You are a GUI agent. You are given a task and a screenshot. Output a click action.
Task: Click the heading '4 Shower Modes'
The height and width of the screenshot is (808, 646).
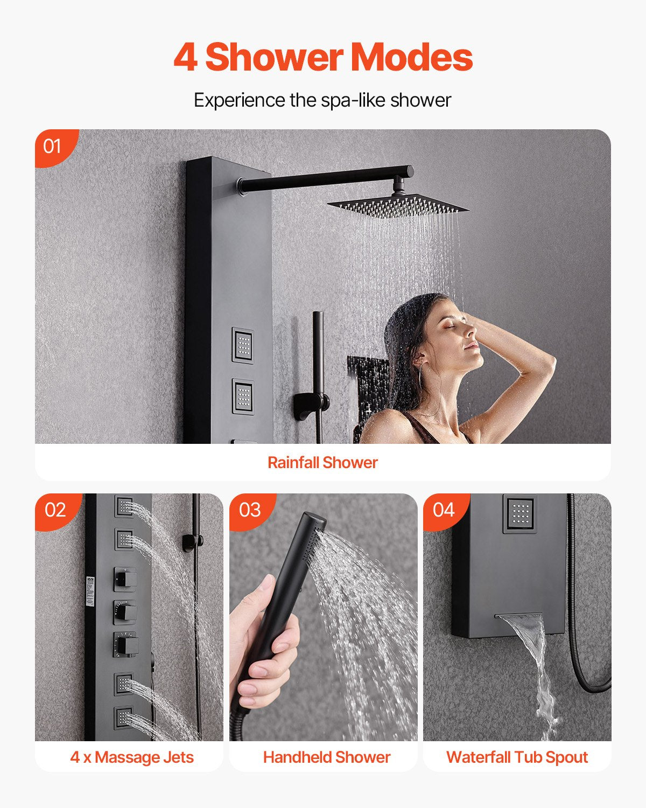[x=323, y=58]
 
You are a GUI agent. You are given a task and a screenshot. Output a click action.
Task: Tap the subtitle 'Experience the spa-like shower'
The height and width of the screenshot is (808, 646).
[x=322, y=100]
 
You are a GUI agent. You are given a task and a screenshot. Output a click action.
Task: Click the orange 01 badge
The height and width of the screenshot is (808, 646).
[x=53, y=146]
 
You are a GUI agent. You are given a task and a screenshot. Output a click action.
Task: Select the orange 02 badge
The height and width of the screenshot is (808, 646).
[x=55, y=510]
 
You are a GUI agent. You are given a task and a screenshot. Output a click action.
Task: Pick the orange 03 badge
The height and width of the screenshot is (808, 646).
[x=250, y=510]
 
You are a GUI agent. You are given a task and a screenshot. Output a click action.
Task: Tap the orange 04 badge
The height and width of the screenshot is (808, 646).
[x=444, y=510]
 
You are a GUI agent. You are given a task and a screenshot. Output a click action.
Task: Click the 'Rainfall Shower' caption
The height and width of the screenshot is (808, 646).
[x=322, y=462]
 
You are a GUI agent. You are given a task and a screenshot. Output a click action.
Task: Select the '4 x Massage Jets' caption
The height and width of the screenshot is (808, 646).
[x=132, y=757]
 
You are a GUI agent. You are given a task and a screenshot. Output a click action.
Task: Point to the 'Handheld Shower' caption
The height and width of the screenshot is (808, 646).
[x=326, y=757]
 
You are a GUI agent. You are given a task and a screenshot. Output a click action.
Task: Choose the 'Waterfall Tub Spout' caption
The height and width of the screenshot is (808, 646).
[x=517, y=757]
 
